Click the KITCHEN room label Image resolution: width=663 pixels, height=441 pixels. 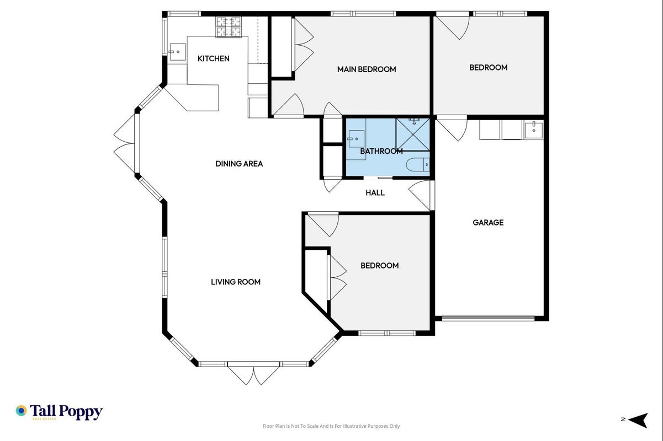click(214, 58)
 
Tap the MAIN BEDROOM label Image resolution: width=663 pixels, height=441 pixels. click(367, 69)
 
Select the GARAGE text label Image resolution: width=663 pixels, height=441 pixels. click(488, 223)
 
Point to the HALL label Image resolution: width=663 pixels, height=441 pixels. click(375, 193)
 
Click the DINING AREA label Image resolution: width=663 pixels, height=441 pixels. click(239, 164)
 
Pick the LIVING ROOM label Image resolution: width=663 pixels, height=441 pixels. click(236, 282)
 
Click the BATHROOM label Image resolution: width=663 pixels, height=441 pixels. click(381, 152)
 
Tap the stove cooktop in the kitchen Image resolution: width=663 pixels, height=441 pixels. click(229, 27)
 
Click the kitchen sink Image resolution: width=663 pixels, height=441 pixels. click(177, 52)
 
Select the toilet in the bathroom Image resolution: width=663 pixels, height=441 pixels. click(418, 165)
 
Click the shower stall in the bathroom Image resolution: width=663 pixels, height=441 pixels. click(413, 135)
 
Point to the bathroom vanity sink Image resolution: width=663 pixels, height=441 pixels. click(356, 139)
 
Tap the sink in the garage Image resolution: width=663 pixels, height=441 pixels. click(534, 130)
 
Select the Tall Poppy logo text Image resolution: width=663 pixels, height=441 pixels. click(66, 412)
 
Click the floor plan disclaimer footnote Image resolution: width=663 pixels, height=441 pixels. click(331, 426)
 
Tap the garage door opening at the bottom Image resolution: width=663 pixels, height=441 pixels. click(489, 318)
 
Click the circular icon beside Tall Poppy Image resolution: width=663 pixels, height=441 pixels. click(21, 411)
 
